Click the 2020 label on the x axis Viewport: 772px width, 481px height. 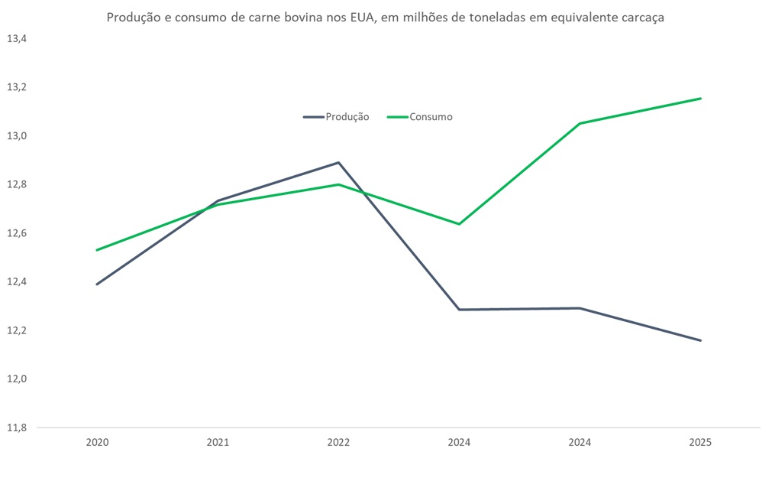[97, 442]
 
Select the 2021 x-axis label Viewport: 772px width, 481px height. [218, 442]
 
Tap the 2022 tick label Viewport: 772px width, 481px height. [338, 442]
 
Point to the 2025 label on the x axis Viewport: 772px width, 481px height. [700, 442]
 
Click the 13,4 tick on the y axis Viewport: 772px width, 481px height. [16, 38]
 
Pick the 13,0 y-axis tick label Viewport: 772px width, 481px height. [16, 136]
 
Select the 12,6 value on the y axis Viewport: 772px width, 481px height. [16, 233]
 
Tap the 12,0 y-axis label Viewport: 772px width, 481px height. [16, 379]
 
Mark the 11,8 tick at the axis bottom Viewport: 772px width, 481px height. [16, 428]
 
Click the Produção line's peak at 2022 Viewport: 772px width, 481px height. [338, 162]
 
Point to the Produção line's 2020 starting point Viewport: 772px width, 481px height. [97, 284]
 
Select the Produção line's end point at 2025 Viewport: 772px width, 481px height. [700, 340]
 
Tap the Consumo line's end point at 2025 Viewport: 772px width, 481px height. [700, 98]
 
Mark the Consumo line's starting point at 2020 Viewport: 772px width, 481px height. [97, 250]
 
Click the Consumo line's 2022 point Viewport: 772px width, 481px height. [338, 184]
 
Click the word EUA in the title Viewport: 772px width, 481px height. [360, 18]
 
